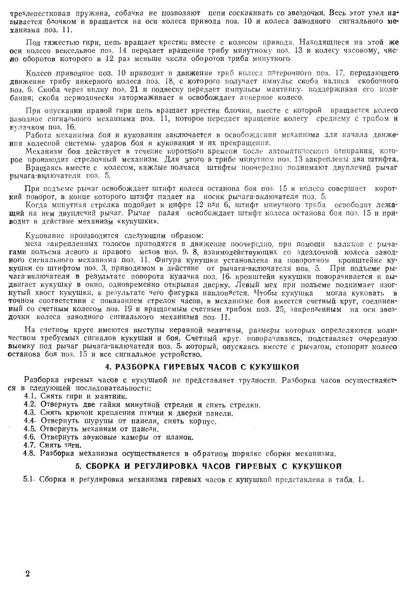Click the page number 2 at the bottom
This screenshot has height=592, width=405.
coord(27,573)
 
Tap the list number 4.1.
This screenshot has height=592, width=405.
coord(30,396)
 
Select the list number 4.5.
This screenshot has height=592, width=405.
coord(30,429)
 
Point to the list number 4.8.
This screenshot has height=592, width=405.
coord(30,453)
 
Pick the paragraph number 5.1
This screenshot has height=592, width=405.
coord(30,479)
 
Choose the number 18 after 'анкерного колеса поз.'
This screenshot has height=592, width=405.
coord(168,81)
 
